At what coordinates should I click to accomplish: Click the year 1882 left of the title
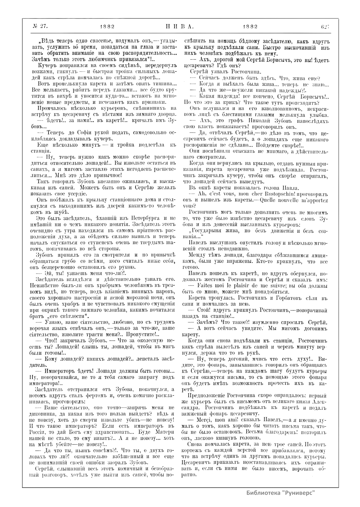coord(107,26)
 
